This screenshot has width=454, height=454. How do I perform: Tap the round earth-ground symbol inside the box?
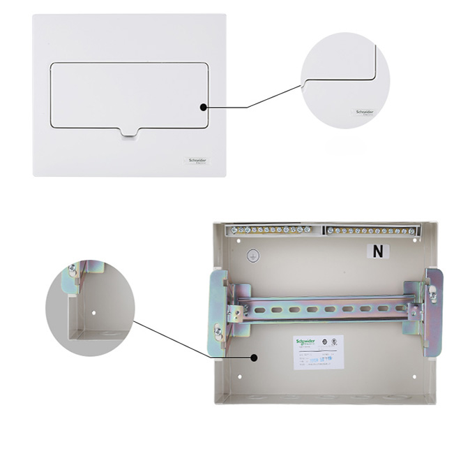click(x=254, y=256)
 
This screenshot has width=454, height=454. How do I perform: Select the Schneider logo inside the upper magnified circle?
click(x=365, y=112)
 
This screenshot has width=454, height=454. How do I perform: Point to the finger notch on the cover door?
click(x=129, y=131)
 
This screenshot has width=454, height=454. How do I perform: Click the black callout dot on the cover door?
click(x=203, y=108)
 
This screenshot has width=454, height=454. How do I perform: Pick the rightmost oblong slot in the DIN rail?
click(x=399, y=308)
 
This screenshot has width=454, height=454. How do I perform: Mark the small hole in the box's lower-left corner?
click(x=239, y=376)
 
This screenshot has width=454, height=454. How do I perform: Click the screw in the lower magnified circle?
click(x=72, y=270)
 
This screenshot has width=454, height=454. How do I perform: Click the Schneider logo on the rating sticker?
click(x=305, y=342)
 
